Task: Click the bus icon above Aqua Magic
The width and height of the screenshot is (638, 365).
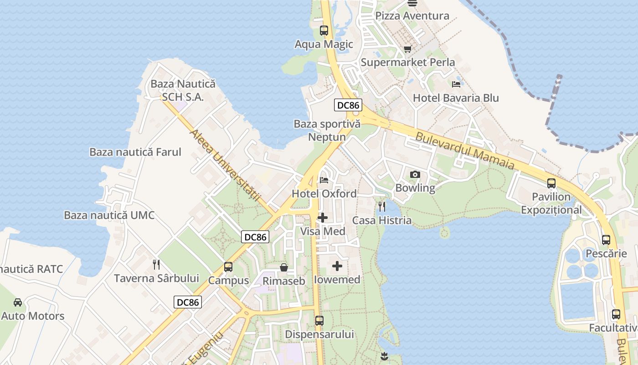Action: pos(324,31)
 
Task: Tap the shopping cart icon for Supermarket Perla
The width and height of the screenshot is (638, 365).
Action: pos(407,49)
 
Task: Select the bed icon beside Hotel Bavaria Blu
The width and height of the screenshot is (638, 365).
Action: pos(456,84)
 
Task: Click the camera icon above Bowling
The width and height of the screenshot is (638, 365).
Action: pos(415,174)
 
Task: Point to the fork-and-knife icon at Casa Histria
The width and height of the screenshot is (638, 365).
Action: pos(382,207)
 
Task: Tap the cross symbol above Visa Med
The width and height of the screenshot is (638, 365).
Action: pos(323,218)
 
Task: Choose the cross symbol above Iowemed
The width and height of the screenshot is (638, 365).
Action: pos(337,266)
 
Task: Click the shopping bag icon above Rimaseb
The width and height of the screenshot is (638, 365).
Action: pos(284,267)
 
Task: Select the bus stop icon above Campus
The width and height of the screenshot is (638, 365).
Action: pos(228,267)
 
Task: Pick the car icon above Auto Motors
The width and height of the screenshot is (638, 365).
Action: pos(18,302)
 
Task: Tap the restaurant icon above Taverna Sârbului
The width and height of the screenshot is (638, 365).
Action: pos(156,265)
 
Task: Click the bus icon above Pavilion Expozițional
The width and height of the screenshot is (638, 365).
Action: pos(551,183)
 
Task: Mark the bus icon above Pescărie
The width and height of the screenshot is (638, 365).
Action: pos(606,240)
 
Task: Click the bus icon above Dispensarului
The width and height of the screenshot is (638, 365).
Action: pos(319,321)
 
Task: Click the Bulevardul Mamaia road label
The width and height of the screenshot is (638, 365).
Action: pos(465,151)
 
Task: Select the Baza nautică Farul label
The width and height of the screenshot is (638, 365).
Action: pos(135,152)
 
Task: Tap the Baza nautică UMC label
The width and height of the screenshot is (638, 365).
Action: pos(109,215)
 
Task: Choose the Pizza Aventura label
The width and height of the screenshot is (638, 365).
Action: pos(412,16)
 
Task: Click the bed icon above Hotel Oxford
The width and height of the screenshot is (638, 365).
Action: pos(324,180)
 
